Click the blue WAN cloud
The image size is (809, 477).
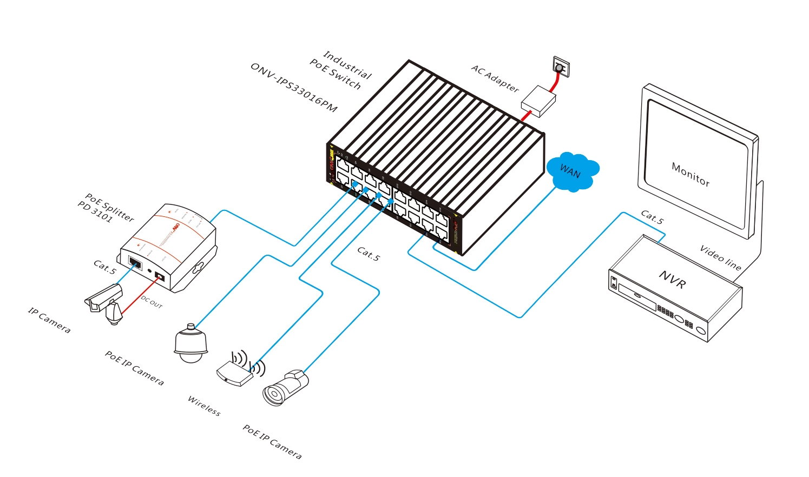tap(571, 172)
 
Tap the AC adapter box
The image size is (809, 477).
tap(538, 101)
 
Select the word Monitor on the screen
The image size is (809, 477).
tap(690, 175)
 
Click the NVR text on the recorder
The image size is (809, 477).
tap(673, 280)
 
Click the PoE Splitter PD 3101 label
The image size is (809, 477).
tap(106, 208)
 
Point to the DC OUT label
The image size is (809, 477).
tap(152, 302)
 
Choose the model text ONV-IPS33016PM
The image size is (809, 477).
tap(294, 88)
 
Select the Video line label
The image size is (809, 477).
tap(720, 257)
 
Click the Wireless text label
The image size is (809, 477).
tap(204, 406)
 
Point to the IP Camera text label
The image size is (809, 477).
tap(49, 320)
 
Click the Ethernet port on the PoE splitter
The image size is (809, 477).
tap(135, 263)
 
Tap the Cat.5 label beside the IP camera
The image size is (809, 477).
tap(104, 267)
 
